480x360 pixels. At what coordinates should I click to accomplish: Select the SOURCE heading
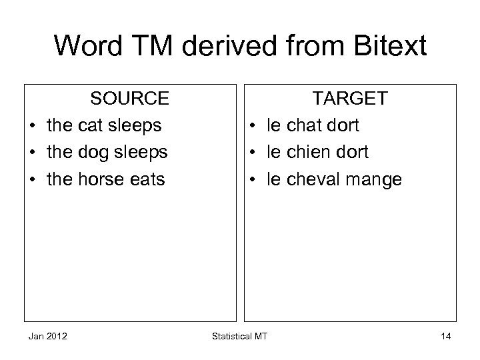[x=130, y=99]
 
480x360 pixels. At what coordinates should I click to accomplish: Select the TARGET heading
[x=351, y=99]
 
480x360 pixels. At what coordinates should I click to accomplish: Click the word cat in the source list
[x=93, y=125]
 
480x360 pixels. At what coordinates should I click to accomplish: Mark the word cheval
[x=317, y=179]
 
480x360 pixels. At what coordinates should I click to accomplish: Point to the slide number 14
[x=445, y=336]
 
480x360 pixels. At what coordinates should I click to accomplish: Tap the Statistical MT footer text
[x=240, y=336]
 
